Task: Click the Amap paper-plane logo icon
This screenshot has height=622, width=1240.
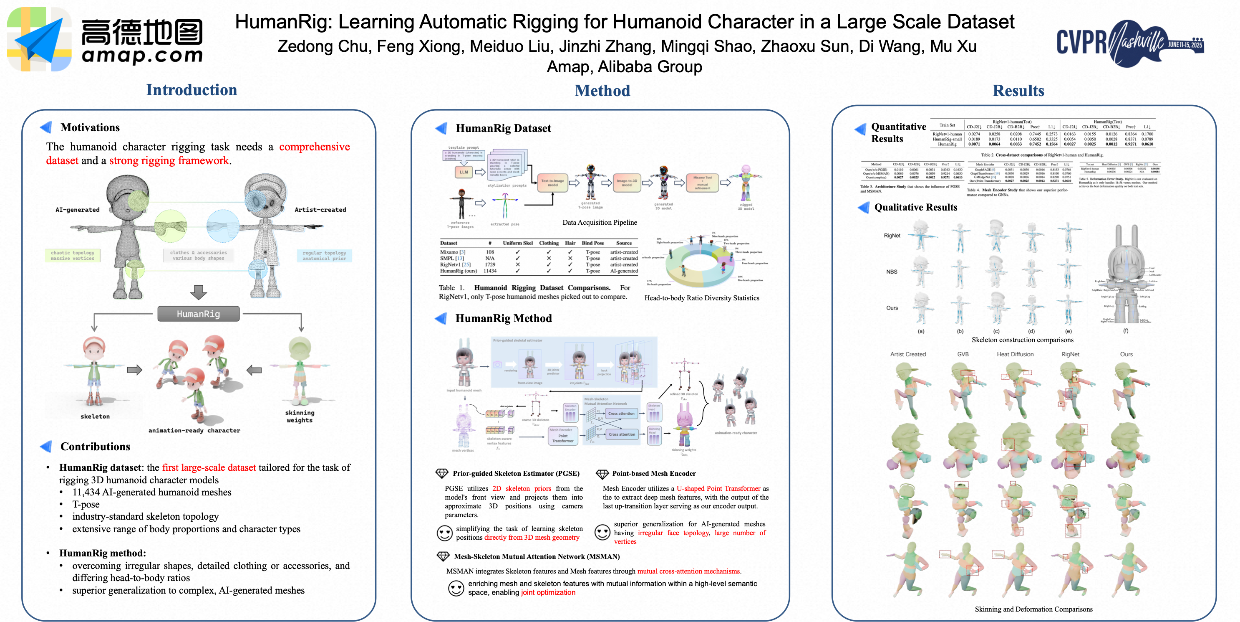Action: click(x=39, y=39)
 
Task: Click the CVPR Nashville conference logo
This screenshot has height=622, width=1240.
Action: click(x=1129, y=42)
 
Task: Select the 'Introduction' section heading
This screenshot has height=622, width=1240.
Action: click(x=191, y=90)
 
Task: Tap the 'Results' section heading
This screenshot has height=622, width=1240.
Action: click(x=1018, y=91)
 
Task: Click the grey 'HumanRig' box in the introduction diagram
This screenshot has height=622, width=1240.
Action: click(x=198, y=314)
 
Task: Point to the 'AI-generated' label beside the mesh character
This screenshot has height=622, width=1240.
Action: click(x=78, y=210)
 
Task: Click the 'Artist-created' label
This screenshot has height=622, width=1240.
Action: click(x=320, y=210)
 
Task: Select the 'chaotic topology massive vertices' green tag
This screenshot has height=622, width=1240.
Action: click(x=73, y=255)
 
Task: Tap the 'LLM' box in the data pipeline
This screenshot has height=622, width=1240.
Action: click(x=464, y=172)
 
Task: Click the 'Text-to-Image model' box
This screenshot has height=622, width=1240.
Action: click(x=552, y=183)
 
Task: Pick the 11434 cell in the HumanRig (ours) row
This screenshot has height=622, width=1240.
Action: click(x=490, y=271)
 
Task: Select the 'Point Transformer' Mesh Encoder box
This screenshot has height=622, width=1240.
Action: click(x=563, y=436)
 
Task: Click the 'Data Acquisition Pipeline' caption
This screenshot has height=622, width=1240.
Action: click(x=599, y=223)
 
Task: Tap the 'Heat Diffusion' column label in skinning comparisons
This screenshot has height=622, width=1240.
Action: click(x=1015, y=354)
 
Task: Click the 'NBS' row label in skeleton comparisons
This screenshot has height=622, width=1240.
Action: click(x=892, y=272)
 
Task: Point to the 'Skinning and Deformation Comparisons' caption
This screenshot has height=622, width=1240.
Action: click(x=1033, y=609)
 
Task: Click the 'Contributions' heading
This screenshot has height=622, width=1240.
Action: click(x=95, y=447)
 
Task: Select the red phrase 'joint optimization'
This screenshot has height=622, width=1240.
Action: click(x=548, y=593)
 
